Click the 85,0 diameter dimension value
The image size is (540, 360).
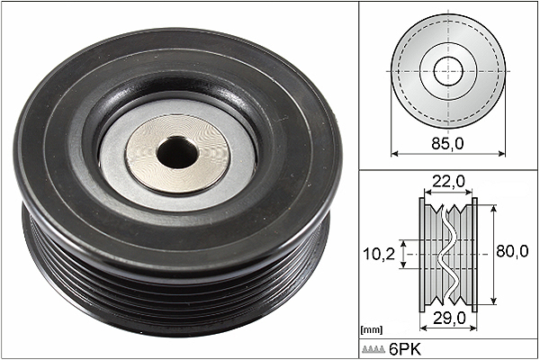(x=447, y=143)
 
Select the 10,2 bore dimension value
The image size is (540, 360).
(x=379, y=254)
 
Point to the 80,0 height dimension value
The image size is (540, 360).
(x=512, y=251)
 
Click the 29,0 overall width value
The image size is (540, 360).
(x=449, y=318)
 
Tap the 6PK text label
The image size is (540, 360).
(x=405, y=350)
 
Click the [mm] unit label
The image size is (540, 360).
(x=371, y=330)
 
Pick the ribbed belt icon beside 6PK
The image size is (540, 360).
(x=373, y=350)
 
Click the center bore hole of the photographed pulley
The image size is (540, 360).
(x=177, y=152)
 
